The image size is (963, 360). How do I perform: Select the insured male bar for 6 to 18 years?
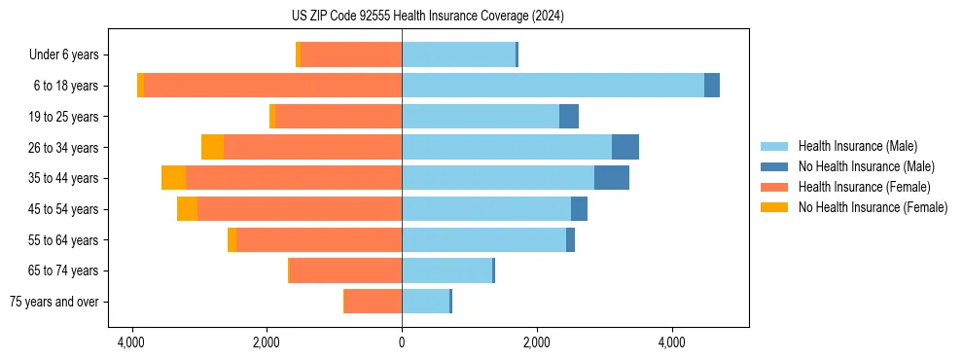pos(553,86)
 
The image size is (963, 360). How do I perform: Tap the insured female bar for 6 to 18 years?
pos(272,86)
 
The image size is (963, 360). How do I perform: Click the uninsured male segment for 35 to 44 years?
pos(611,178)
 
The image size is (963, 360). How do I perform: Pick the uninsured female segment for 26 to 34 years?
pos(212,147)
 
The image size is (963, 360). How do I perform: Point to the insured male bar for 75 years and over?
pos(425,302)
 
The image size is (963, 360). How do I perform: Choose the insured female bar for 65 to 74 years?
pos(345,270)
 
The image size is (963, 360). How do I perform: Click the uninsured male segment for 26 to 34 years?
pos(624,147)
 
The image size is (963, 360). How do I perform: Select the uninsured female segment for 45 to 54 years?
pos(187,209)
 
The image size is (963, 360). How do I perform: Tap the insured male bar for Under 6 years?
pos(458,54)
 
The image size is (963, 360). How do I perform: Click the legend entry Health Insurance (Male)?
pos(857,146)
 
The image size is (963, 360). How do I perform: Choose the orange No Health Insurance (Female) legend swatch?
pos(774,207)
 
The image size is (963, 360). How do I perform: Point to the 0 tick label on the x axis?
pos(402,342)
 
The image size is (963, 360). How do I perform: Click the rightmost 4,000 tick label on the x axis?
pos(672,342)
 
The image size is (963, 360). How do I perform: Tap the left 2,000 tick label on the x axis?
pos(267,342)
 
